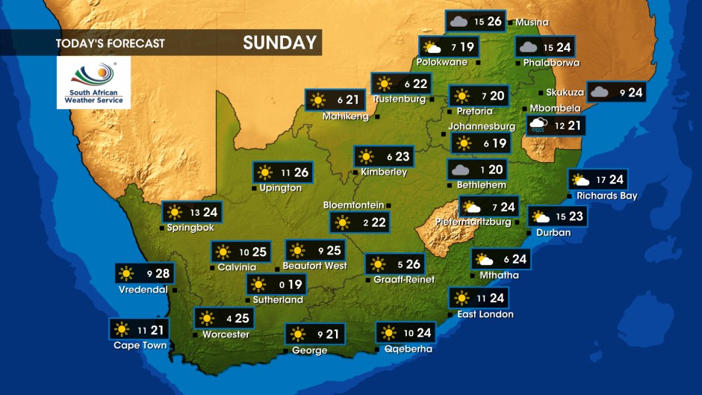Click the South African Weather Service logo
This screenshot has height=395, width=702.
pyautogui.click(x=93, y=82)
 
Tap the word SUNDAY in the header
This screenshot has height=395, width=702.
pyautogui.click(x=279, y=43)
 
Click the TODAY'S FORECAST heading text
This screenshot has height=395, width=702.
pyautogui.click(x=110, y=43)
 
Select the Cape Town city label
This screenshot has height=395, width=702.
pyautogui.click(x=140, y=346)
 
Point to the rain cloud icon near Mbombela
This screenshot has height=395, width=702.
pyautogui.click(x=538, y=125)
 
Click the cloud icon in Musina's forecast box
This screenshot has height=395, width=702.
pyautogui.click(x=458, y=21)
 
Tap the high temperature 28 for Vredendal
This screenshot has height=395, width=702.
pyautogui.click(x=162, y=273)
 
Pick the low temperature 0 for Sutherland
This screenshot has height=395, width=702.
pyautogui.click(x=281, y=284)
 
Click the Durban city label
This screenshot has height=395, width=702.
pyautogui.click(x=553, y=232)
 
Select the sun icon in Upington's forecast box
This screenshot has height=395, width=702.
pyautogui.click(x=265, y=172)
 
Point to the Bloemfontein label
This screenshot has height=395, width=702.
pyautogui.click(x=353, y=205)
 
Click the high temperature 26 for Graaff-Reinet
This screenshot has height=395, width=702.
pyautogui.click(x=413, y=264)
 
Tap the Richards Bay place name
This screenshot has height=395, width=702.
pyautogui.click(x=606, y=196)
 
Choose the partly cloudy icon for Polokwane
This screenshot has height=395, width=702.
pyautogui.click(x=431, y=47)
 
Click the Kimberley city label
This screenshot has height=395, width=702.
pyautogui.click(x=383, y=172)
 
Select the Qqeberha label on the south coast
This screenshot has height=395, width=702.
pyautogui.click(x=408, y=349)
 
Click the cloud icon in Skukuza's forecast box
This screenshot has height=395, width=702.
pyautogui.click(x=599, y=92)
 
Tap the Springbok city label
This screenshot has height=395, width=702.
pyautogui.click(x=190, y=228)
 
